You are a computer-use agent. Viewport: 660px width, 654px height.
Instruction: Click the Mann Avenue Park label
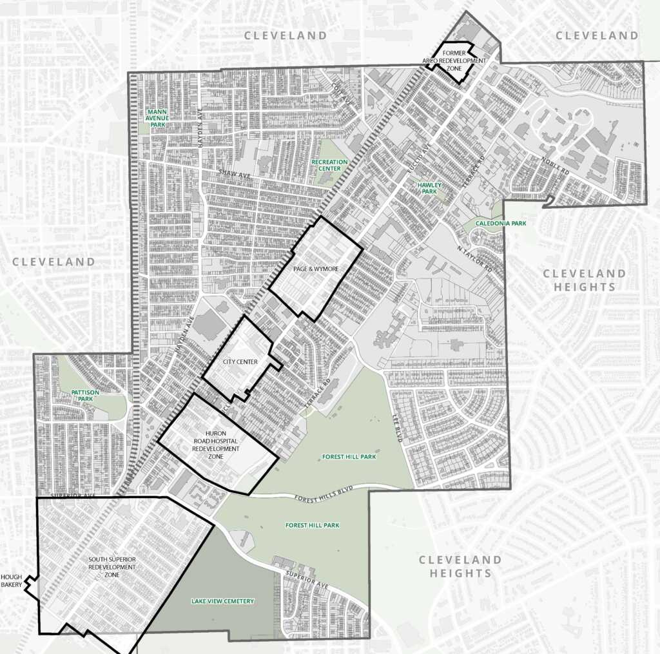(159, 117)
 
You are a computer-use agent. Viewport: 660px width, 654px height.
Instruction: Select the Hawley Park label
(428, 188)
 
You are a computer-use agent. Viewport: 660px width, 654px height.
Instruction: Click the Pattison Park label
(84, 395)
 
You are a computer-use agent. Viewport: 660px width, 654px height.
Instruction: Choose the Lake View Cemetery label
(222, 601)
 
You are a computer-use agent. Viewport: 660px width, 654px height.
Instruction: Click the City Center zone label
(240, 362)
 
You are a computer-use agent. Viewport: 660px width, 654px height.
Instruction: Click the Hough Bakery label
(12, 581)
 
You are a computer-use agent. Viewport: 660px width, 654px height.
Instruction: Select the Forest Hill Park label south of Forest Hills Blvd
(313, 525)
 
